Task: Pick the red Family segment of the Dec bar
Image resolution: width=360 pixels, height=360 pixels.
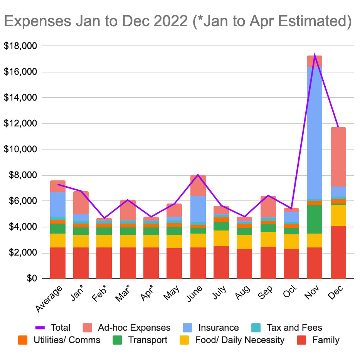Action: [338, 252]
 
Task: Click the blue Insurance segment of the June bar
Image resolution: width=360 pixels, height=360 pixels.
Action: [198, 209]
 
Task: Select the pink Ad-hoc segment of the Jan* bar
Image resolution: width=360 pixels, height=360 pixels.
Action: [81, 203]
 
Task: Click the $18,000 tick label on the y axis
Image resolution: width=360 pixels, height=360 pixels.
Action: [20, 46]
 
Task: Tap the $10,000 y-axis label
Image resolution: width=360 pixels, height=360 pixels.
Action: [20, 150]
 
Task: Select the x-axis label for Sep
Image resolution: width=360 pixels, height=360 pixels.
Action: [266, 291]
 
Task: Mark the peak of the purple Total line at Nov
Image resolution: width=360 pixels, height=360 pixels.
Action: [315, 55]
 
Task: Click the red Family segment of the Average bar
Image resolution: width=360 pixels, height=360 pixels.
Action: [57, 263]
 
